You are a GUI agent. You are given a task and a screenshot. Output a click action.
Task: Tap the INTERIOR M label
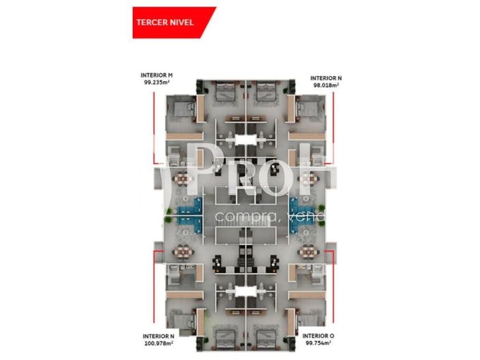coord(157,75)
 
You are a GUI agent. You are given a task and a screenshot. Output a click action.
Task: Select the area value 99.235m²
coord(157,82)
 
